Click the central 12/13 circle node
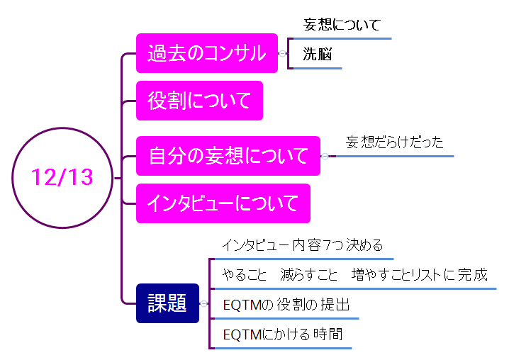tap(62, 176)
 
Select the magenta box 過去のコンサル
tap(206, 52)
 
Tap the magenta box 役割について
tap(199, 101)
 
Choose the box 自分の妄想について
tap(228, 155)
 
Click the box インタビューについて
tap(223, 203)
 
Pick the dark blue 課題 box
tap(167, 303)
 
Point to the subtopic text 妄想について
tap(342, 26)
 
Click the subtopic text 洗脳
tap(318, 54)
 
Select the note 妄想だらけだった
tap(394, 142)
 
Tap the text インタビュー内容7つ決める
tap(302, 245)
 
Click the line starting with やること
tap(354, 274)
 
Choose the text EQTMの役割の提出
tap(286, 305)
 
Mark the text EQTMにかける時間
tap(282, 334)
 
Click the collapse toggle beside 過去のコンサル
tap(282, 53)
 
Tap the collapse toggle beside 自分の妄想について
tap(325, 156)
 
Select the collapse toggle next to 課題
tap(203, 303)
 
